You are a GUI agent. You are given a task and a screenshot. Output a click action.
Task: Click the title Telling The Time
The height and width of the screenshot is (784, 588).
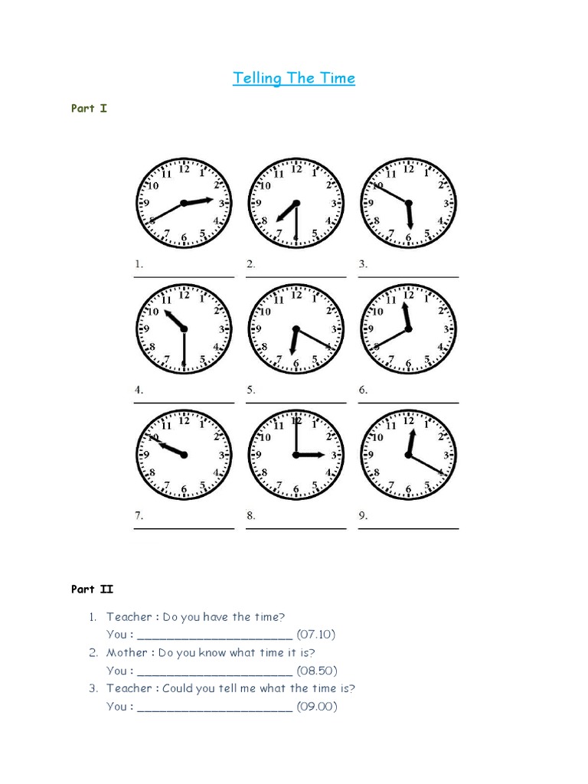tap(294, 78)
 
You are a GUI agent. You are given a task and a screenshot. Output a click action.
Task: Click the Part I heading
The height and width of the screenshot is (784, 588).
tap(89, 109)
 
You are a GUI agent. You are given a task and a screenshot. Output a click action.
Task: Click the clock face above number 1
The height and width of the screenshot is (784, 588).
tap(184, 204)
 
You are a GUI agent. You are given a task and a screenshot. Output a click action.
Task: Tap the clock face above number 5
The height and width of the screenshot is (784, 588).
tap(296, 329)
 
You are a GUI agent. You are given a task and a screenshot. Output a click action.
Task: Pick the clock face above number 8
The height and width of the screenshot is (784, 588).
tap(296, 456)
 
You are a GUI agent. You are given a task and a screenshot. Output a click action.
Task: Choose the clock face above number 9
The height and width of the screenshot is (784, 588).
tap(407, 456)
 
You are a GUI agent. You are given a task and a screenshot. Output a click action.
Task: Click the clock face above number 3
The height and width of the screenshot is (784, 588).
tap(407, 204)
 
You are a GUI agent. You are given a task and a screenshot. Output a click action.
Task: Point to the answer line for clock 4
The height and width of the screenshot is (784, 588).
tap(185, 402)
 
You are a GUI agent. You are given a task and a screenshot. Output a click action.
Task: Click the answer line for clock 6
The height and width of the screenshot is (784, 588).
tap(409, 402)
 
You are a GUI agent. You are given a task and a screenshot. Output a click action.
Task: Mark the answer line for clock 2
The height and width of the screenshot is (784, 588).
tap(296, 276)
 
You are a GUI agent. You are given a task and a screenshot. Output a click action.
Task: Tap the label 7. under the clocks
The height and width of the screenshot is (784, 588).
tap(139, 516)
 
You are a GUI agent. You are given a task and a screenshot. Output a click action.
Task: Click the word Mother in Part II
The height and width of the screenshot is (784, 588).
tap(127, 652)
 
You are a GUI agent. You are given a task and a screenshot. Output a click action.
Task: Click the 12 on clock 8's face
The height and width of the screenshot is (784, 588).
tap(296, 421)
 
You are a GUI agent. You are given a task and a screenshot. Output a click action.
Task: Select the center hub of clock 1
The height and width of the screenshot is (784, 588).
tap(184, 204)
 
